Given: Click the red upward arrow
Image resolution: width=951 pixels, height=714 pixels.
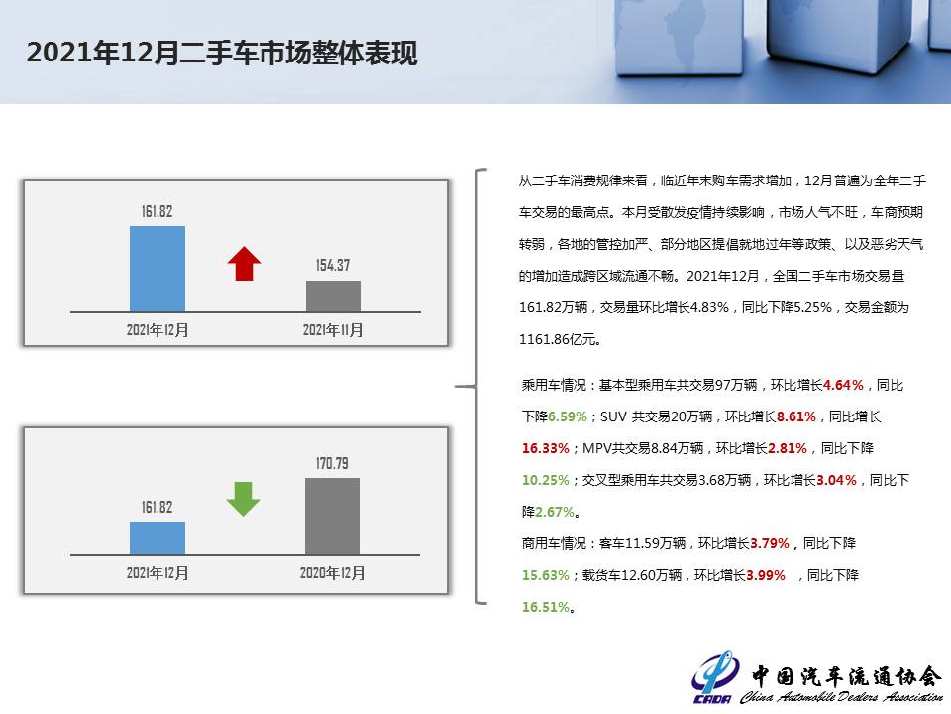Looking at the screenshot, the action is coord(244,264).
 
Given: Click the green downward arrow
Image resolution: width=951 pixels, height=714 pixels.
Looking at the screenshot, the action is coord(244,499).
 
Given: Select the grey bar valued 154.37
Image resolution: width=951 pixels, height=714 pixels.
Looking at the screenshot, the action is coord(333,297).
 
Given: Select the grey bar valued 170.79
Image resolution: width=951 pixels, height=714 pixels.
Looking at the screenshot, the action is coord(333,516).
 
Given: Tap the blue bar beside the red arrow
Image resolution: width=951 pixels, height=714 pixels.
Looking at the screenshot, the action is coord(158,269).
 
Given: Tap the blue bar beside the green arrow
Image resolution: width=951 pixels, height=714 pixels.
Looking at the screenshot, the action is coord(158,537).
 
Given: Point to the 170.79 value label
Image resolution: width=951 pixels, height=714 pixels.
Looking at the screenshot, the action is coord(332,464).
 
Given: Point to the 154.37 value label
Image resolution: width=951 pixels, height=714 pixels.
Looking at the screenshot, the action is coord(333,266).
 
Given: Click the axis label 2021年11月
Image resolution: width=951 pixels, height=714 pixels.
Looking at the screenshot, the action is coord(333,330).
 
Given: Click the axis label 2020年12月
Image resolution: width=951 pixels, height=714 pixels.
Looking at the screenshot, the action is coord(333,573).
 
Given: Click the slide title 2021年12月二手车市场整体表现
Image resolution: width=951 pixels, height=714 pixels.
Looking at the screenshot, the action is coord(222,53).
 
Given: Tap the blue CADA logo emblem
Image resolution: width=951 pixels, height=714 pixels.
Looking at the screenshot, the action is coord(715,676).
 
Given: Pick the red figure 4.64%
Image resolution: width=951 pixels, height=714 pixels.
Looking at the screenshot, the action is coord(843,385).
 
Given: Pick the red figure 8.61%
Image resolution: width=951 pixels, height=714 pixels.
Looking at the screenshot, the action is coord(795,416).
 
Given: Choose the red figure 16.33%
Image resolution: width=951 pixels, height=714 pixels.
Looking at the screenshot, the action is coord(545,448).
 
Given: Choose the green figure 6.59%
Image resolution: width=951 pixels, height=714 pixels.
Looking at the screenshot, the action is coord(567,416).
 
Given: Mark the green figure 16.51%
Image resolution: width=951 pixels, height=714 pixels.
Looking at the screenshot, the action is coord(546,607).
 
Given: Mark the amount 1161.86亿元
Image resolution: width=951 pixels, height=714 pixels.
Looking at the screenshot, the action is coord(558,339).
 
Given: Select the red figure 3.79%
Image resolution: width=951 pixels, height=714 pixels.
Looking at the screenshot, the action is coord(770,543).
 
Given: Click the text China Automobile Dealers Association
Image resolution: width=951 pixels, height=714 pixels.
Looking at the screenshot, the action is coord(842,697).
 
